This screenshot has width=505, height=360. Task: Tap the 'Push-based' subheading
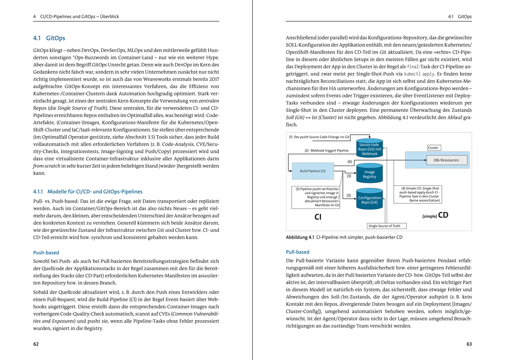tap(46, 253)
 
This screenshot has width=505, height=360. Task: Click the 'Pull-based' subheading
tap(297, 252)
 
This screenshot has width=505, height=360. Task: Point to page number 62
tap(36, 344)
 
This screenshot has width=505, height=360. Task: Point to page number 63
tap(469, 344)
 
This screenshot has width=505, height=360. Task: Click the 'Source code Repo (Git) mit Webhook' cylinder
tap(369, 149)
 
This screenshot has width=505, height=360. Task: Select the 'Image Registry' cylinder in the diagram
tap(369, 174)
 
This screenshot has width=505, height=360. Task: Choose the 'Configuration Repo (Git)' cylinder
tap(369, 200)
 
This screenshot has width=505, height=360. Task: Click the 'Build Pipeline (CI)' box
tap(312, 171)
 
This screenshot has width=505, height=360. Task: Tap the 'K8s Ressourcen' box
tap(446, 160)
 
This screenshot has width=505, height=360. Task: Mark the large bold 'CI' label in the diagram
tap(318, 217)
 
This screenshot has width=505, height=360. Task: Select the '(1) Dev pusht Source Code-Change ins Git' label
tap(319, 137)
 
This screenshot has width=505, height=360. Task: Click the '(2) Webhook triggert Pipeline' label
tap(326, 151)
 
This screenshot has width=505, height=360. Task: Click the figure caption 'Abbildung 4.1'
tap(300, 237)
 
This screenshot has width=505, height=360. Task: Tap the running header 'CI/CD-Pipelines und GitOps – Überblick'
tap(80, 17)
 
